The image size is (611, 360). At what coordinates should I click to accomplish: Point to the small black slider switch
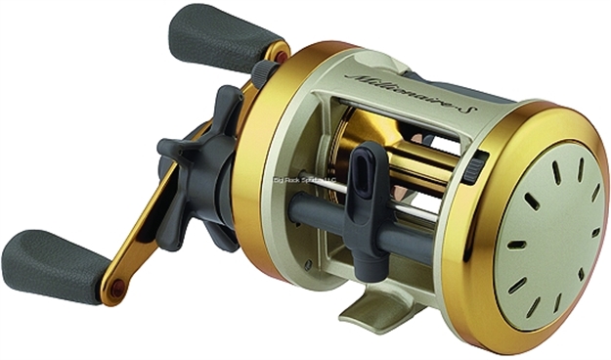(479, 165)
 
